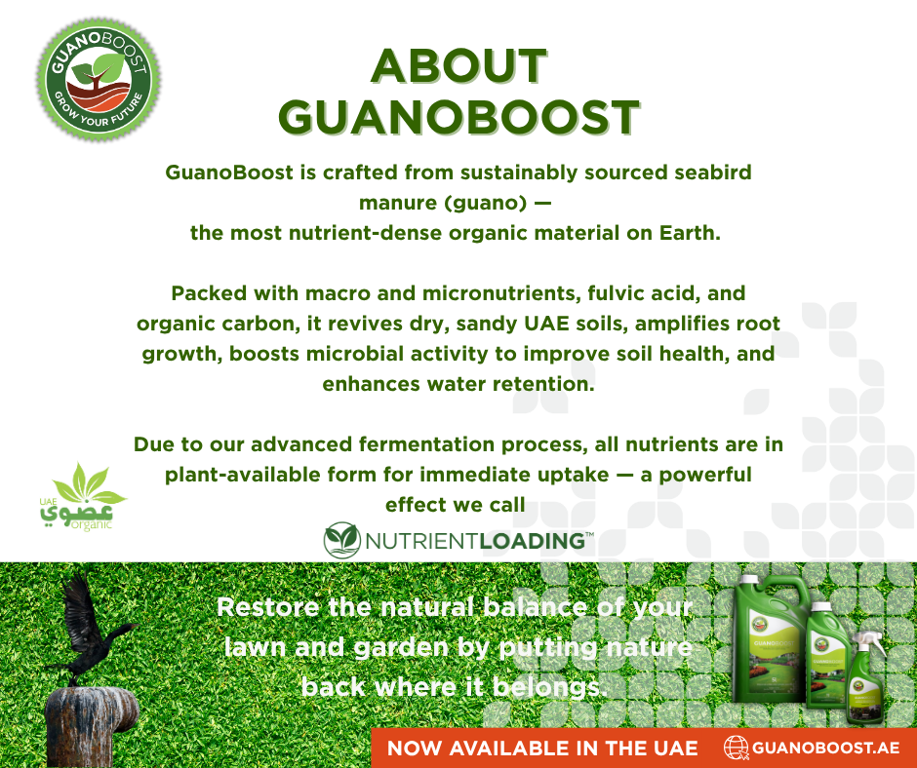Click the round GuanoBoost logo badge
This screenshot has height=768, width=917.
pos(99,78)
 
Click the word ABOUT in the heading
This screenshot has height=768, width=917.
pos(459,66)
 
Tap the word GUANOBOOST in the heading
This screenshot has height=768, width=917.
pos(459,117)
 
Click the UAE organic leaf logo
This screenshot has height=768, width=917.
pos(83,497)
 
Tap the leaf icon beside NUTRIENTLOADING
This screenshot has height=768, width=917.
pos(342,540)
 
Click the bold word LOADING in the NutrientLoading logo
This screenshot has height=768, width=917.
pos(533,541)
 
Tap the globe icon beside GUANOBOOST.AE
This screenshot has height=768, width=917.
pos(737,748)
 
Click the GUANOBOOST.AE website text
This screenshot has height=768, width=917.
pos(825,748)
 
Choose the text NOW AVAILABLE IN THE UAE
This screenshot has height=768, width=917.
pos(542,749)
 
